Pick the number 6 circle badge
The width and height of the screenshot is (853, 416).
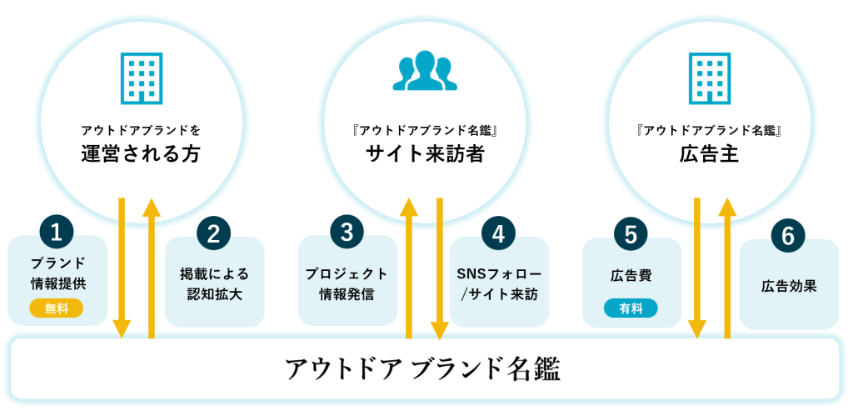tap(788, 236)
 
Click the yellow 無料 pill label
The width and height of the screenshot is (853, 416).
tap(57, 308)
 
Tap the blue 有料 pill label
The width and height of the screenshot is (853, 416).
tap(631, 308)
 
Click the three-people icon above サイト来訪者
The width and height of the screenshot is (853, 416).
tap(426, 71)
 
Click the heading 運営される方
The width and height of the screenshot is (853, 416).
tap(141, 154)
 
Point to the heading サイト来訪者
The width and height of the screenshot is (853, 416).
tap(426, 154)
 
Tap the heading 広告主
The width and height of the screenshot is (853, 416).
tap(710, 154)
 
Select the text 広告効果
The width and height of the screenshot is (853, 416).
tap(788, 286)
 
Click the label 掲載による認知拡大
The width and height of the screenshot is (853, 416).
tap(214, 283)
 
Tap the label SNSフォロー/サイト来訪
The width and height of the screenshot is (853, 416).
tap(498, 283)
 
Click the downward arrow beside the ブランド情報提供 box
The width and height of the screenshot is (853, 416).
tap(122, 267)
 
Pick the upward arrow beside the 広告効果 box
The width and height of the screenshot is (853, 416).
tap(727, 267)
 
